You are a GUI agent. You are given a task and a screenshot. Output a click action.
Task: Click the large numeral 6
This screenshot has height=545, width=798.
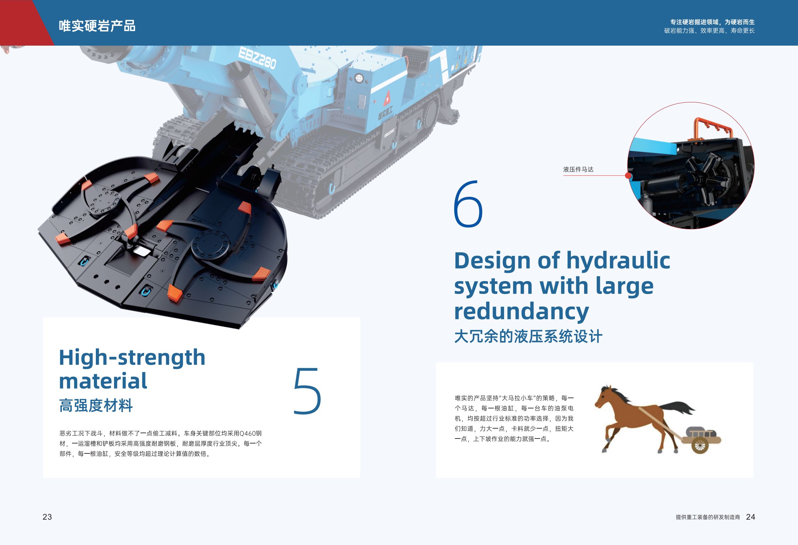click(x=468, y=204)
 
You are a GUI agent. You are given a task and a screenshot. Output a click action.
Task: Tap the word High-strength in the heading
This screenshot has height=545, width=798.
click(x=132, y=357)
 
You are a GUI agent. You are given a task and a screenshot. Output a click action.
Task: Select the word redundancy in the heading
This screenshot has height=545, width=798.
click(x=522, y=311)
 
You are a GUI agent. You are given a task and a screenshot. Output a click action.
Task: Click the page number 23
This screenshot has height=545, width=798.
click(x=47, y=517)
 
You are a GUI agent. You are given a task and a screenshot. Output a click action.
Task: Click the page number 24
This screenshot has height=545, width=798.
click(x=751, y=517)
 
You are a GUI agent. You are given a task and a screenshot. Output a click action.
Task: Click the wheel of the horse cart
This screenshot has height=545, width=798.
click(x=699, y=446)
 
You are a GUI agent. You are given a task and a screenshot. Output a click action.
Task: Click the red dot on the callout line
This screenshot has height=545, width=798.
click(x=628, y=176)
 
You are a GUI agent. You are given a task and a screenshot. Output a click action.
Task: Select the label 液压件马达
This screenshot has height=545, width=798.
click(x=578, y=169)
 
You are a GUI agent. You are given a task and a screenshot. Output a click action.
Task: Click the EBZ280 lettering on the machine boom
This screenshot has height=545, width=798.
click(x=257, y=59)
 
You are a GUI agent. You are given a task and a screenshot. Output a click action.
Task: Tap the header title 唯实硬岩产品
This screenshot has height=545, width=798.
click(x=97, y=26)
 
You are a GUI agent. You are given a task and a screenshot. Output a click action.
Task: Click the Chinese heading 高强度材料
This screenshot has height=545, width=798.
click(x=96, y=405)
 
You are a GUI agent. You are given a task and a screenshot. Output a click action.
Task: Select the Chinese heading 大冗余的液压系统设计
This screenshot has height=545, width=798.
click(x=528, y=337)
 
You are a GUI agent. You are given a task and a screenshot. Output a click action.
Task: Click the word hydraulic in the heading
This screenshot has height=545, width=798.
click(x=618, y=261)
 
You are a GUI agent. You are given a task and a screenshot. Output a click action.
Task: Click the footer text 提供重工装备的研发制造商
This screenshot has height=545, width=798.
click(x=708, y=517)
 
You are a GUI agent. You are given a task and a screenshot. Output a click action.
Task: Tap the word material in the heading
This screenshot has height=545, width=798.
click(x=103, y=381)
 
